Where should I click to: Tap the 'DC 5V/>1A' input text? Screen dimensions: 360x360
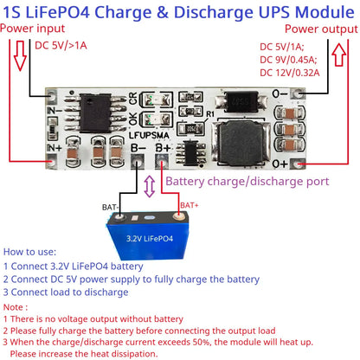[66, 46]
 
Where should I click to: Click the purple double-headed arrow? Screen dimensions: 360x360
[151, 182]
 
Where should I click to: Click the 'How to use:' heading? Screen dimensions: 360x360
[31, 250]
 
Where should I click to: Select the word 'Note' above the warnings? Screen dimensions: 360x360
[16, 306]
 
